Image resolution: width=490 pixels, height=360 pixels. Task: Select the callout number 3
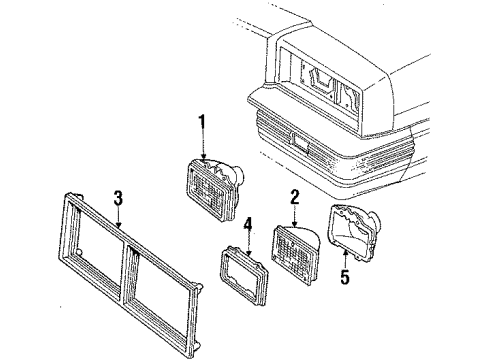click(118, 200)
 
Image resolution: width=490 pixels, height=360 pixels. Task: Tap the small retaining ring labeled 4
click(245, 273)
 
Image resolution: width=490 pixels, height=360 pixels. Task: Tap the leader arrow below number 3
click(120, 222)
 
